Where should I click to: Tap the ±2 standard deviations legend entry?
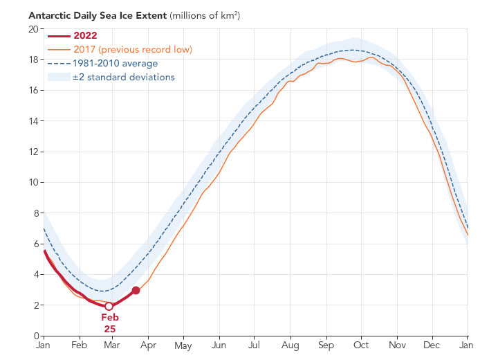pyautogui.click(x=124, y=77)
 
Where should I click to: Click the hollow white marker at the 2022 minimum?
pyautogui.click(x=109, y=306)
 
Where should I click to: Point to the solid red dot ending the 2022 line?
pyautogui.click(x=136, y=290)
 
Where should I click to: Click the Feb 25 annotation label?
pyautogui.click(x=110, y=323)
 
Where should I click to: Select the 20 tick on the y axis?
pyautogui.click(x=33, y=29)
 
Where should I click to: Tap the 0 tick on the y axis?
pyautogui.click(x=35, y=336)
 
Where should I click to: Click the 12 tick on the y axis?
pyautogui.click(x=33, y=152)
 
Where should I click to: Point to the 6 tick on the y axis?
pyautogui.click(x=35, y=244)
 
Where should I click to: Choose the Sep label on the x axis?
pyautogui.click(x=326, y=345)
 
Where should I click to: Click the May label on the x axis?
pyautogui.click(x=183, y=345)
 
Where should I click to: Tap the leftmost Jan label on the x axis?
pyautogui.click(x=44, y=345)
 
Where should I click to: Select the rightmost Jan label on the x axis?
pyautogui.click(x=467, y=345)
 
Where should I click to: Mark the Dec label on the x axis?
pyautogui.click(x=433, y=345)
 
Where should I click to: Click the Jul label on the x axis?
pyautogui.click(x=255, y=345)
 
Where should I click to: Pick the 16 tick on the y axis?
pyautogui.click(x=33, y=91)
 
